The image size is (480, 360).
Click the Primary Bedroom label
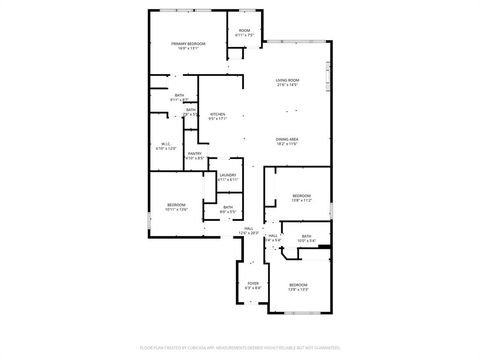click(188, 44)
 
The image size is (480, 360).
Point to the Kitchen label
click(217, 113)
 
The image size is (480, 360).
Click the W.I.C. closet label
click(168, 144)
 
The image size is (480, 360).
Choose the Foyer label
click(253, 283)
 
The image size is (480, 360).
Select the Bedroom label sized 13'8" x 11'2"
click(302, 195)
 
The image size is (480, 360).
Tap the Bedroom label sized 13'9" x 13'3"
click(298, 285)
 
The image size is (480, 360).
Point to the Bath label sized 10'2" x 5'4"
click(307, 236)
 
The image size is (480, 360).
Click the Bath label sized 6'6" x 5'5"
click(228, 207)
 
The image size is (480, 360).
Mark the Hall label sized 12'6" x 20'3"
click(248, 228)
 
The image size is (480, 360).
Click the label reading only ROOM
click(244, 30)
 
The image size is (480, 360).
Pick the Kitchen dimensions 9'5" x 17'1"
click(217, 118)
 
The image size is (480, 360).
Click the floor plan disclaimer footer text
click(240, 347)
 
